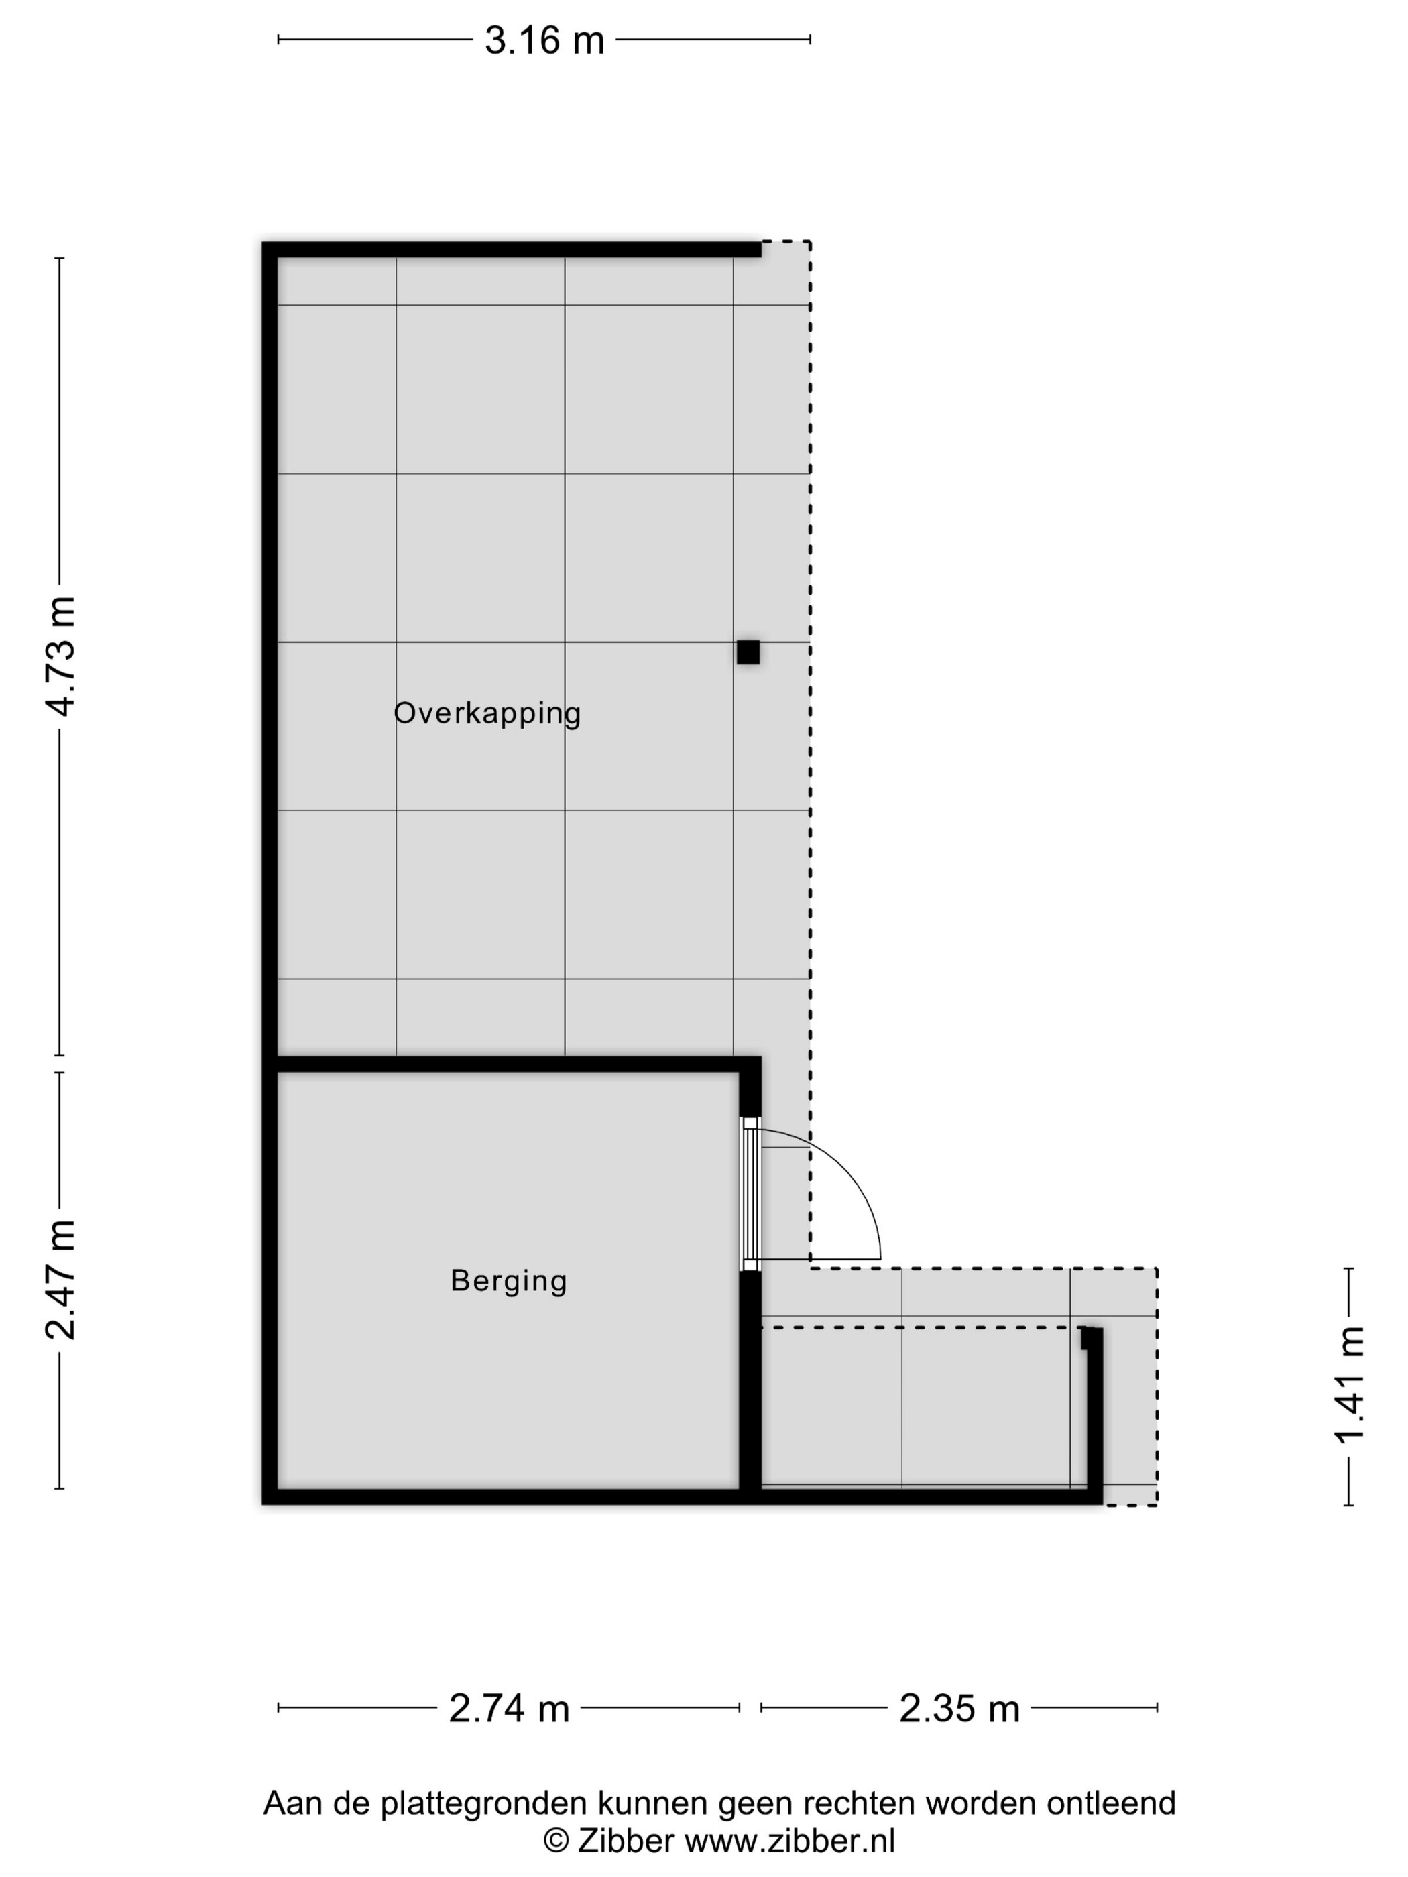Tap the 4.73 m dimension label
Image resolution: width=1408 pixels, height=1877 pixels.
coord(62,656)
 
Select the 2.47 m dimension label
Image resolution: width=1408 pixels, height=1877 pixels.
coord(62,1279)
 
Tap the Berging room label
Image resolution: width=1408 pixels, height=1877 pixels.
coord(508,1280)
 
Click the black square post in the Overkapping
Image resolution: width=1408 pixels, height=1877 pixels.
coord(748,652)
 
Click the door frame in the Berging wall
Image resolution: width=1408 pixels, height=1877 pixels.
coord(750,1193)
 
